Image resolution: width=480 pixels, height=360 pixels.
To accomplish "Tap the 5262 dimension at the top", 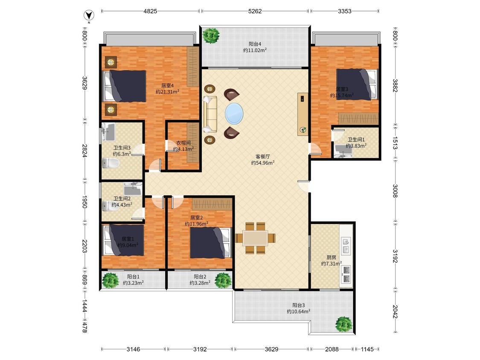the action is (x=255, y=12).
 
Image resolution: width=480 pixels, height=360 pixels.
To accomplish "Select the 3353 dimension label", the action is (x=345, y=12).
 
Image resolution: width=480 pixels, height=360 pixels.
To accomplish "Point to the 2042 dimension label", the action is (x=395, y=311).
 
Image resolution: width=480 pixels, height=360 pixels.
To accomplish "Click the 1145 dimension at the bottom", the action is (x=367, y=349).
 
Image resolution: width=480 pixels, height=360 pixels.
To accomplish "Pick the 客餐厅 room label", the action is (x=263, y=157).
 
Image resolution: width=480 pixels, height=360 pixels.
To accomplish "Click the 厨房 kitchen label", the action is (x=331, y=257).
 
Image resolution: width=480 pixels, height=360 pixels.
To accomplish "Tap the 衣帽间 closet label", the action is (x=183, y=142).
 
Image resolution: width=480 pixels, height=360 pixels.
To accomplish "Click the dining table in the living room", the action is (x=255, y=238).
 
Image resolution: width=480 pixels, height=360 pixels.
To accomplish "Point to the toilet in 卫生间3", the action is (x=111, y=163).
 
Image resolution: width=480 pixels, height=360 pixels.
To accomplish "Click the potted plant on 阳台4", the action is (x=212, y=35).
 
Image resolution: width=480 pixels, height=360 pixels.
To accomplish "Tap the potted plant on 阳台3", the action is (x=343, y=324).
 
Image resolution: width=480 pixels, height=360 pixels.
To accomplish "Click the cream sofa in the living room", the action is (x=210, y=114).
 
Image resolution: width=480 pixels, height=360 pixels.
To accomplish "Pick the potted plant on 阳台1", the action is (x=110, y=280).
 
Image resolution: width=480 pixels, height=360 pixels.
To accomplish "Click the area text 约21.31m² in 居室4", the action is (x=167, y=92).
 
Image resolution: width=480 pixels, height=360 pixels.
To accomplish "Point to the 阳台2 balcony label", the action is (x=200, y=276).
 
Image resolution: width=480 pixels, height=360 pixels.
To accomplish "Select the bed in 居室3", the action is (x=357, y=84).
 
